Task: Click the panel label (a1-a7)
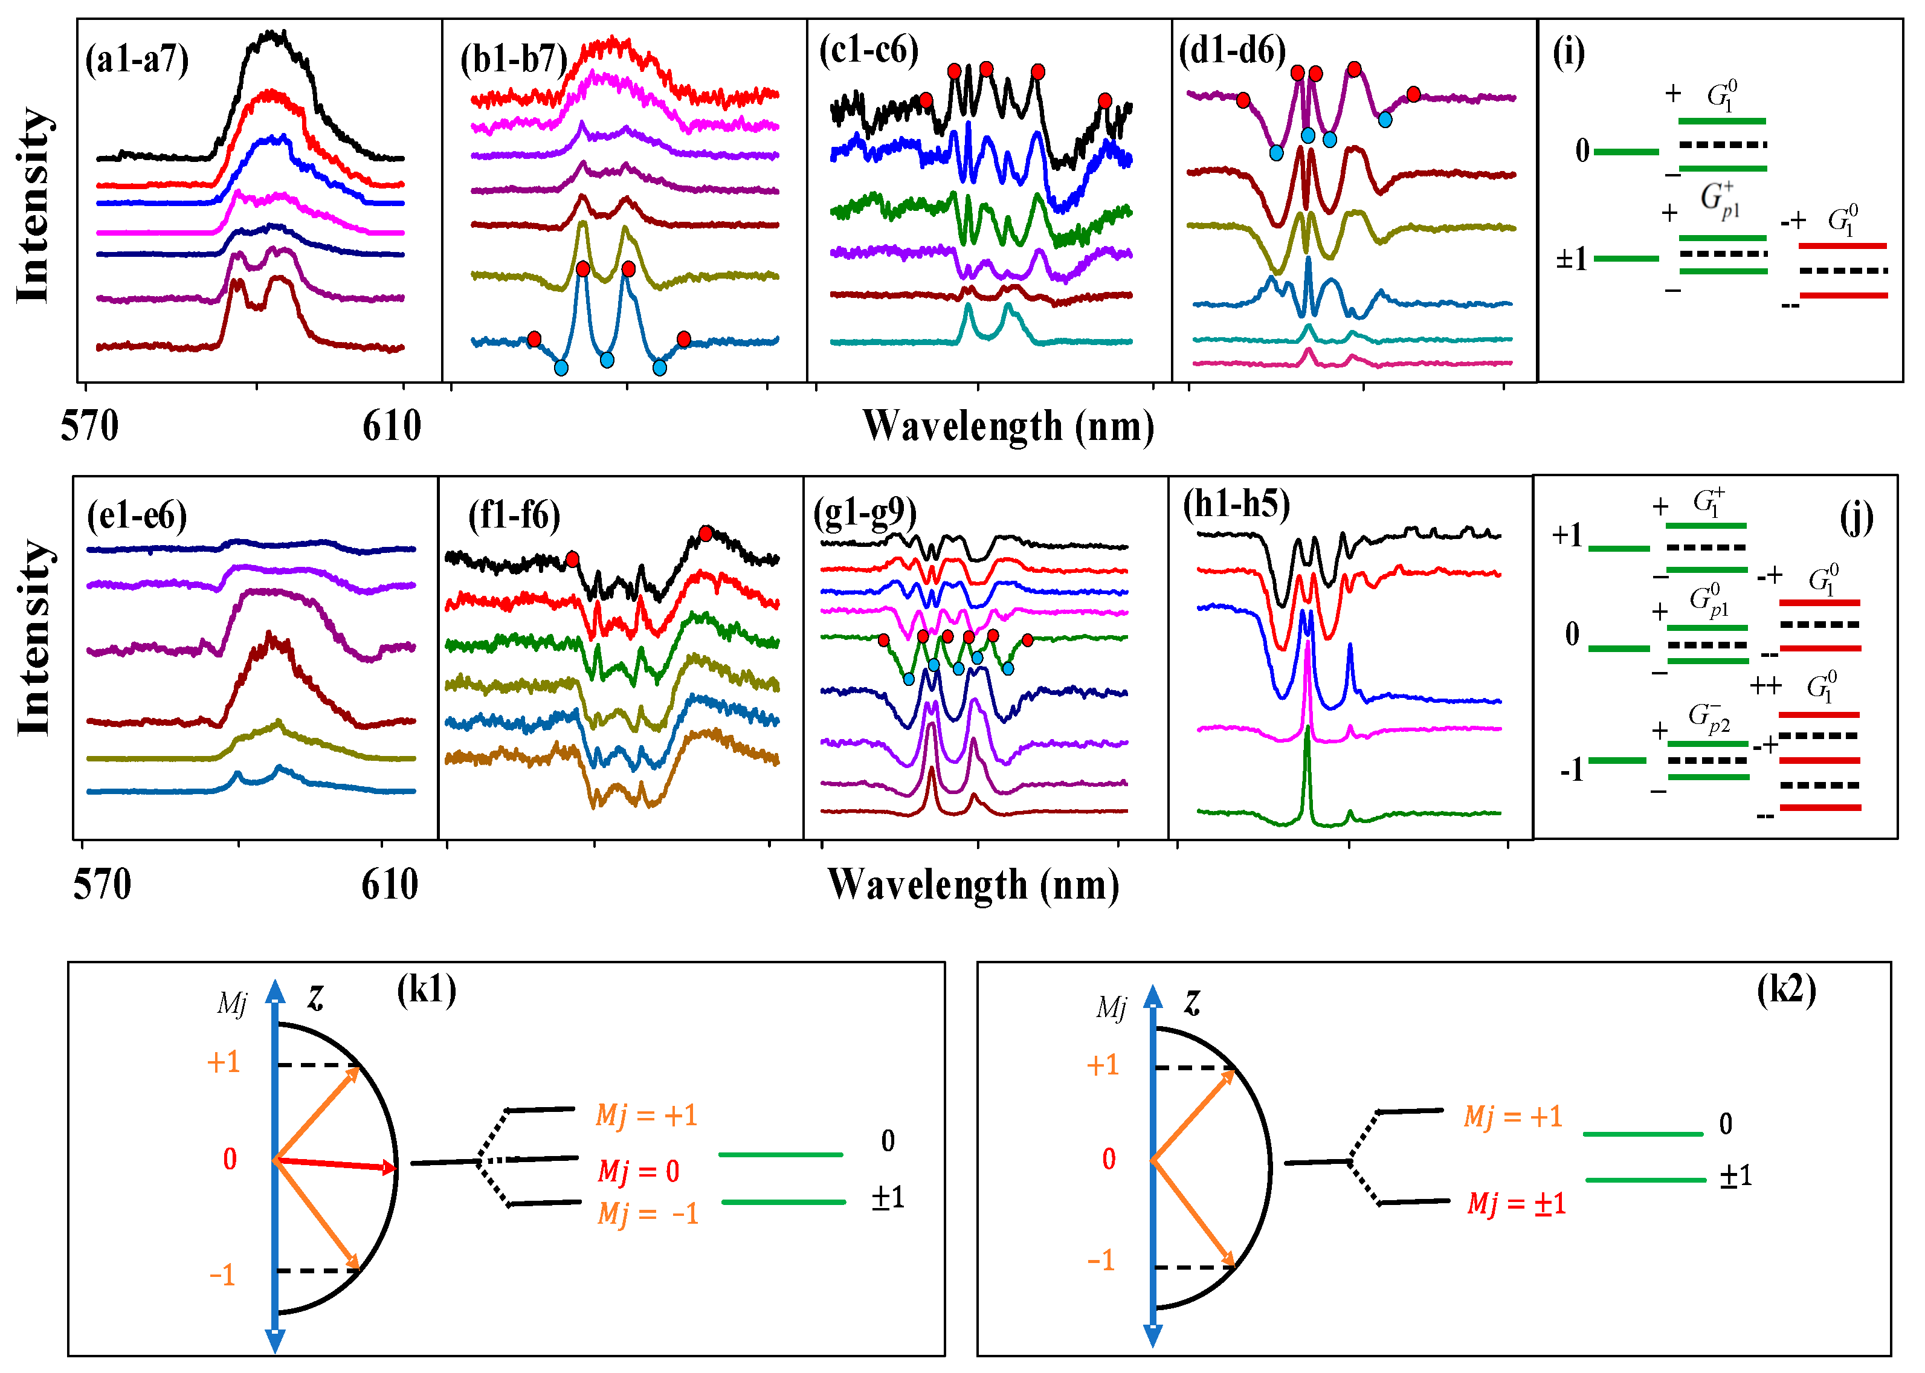137,60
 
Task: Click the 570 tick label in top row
89,426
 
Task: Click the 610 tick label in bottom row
390,885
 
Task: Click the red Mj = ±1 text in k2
1516,1203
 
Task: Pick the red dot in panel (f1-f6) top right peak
706,534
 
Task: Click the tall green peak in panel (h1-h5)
1308,761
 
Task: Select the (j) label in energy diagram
1856,517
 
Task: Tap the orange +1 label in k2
1102,1065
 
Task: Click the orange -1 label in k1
222,1275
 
